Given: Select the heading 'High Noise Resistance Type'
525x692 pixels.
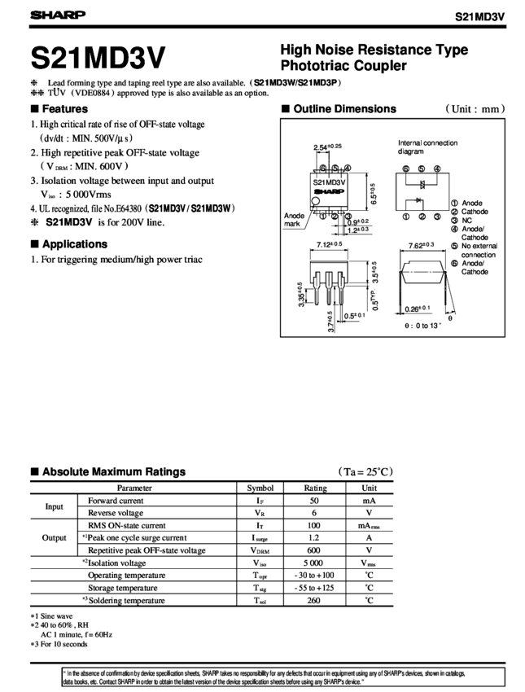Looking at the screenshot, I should point(374,50).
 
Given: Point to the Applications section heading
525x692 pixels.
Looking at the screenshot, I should point(68,244).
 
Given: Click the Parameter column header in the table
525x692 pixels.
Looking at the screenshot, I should point(134,487).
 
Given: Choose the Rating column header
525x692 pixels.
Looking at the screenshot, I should point(315,487).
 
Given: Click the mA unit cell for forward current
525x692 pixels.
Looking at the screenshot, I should point(369,500).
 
